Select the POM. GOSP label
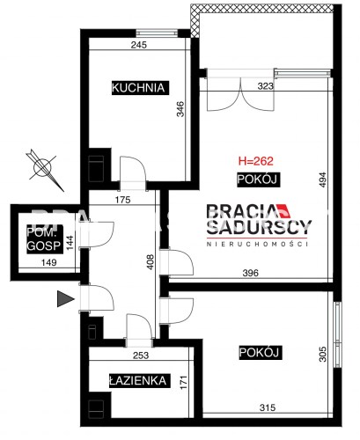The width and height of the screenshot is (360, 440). [x=44, y=239]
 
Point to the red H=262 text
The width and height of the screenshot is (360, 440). [x=256, y=161]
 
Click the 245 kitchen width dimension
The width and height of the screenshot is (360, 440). [x=139, y=45]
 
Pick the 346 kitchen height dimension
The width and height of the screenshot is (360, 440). [x=180, y=109]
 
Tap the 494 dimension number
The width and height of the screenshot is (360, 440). [x=322, y=180]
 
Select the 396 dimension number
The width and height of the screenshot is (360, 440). [x=251, y=273]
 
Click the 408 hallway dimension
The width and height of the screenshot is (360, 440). [x=150, y=262]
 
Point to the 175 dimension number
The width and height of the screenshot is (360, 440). [x=122, y=200]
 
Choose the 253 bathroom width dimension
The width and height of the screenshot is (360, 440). [x=141, y=356]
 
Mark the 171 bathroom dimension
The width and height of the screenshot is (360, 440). [x=184, y=382]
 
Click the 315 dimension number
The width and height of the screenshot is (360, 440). [x=268, y=407]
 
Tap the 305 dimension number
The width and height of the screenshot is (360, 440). [x=322, y=354]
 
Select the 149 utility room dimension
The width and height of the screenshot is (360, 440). [x=48, y=262]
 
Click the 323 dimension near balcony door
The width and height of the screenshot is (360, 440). [x=266, y=86]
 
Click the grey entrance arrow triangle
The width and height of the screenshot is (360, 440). [x=65, y=299]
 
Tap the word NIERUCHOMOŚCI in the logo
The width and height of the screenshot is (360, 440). [x=257, y=244]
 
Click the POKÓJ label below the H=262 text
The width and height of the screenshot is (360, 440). [x=257, y=180]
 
